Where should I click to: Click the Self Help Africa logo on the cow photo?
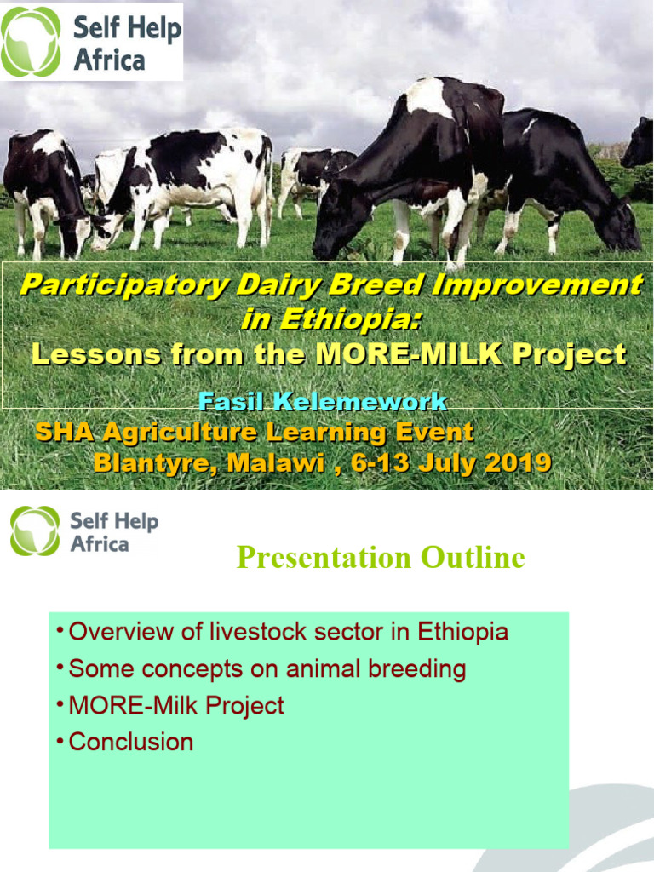[91, 42]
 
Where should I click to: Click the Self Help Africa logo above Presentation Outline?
[84, 531]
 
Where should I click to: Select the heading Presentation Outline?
[380, 558]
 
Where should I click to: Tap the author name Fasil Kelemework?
[322, 402]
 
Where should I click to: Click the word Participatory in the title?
[124, 285]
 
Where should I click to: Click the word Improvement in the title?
[537, 285]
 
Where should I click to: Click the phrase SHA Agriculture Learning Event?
[254, 433]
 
